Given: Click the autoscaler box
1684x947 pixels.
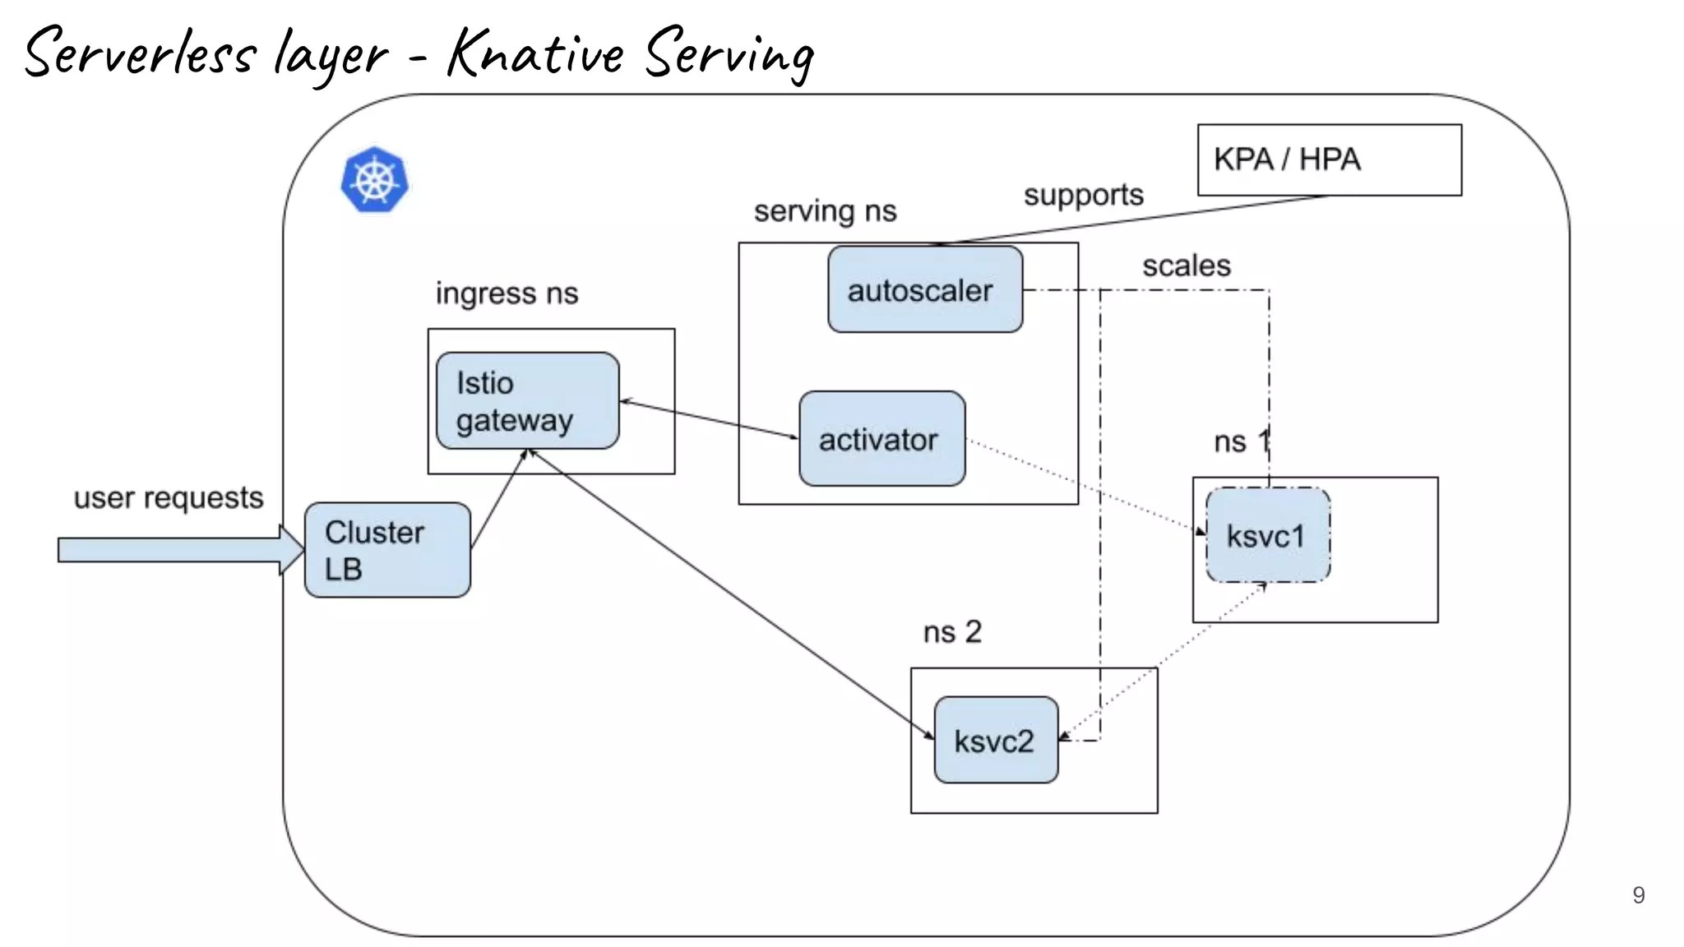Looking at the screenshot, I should (x=925, y=289).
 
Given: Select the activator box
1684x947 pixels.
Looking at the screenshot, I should (x=881, y=439).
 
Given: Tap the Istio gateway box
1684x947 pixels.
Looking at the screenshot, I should (x=527, y=401).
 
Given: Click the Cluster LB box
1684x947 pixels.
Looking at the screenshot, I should (x=387, y=550).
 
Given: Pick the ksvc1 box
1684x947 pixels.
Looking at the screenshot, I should (x=1267, y=535).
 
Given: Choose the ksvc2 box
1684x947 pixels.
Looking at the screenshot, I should (x=996, y=741).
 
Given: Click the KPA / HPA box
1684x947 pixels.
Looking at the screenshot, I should (x=1329, y=159).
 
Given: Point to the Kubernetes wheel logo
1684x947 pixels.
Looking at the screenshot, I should (x=375, y=180).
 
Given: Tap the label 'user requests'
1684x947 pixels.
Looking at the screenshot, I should (x=169, y=497).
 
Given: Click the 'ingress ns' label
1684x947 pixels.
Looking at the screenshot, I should (x=507, y=293).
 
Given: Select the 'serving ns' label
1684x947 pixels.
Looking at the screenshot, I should (x=825, y=211).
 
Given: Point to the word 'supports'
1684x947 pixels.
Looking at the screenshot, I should (x=1083, y=195).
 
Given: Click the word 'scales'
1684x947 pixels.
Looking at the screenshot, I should (x=1186, y=266).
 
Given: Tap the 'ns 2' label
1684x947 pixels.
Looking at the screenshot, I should (x=952, y=631).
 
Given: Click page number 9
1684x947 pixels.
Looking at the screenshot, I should (x=1638, y=894).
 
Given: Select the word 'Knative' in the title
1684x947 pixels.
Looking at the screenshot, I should (x=534, y=53).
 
